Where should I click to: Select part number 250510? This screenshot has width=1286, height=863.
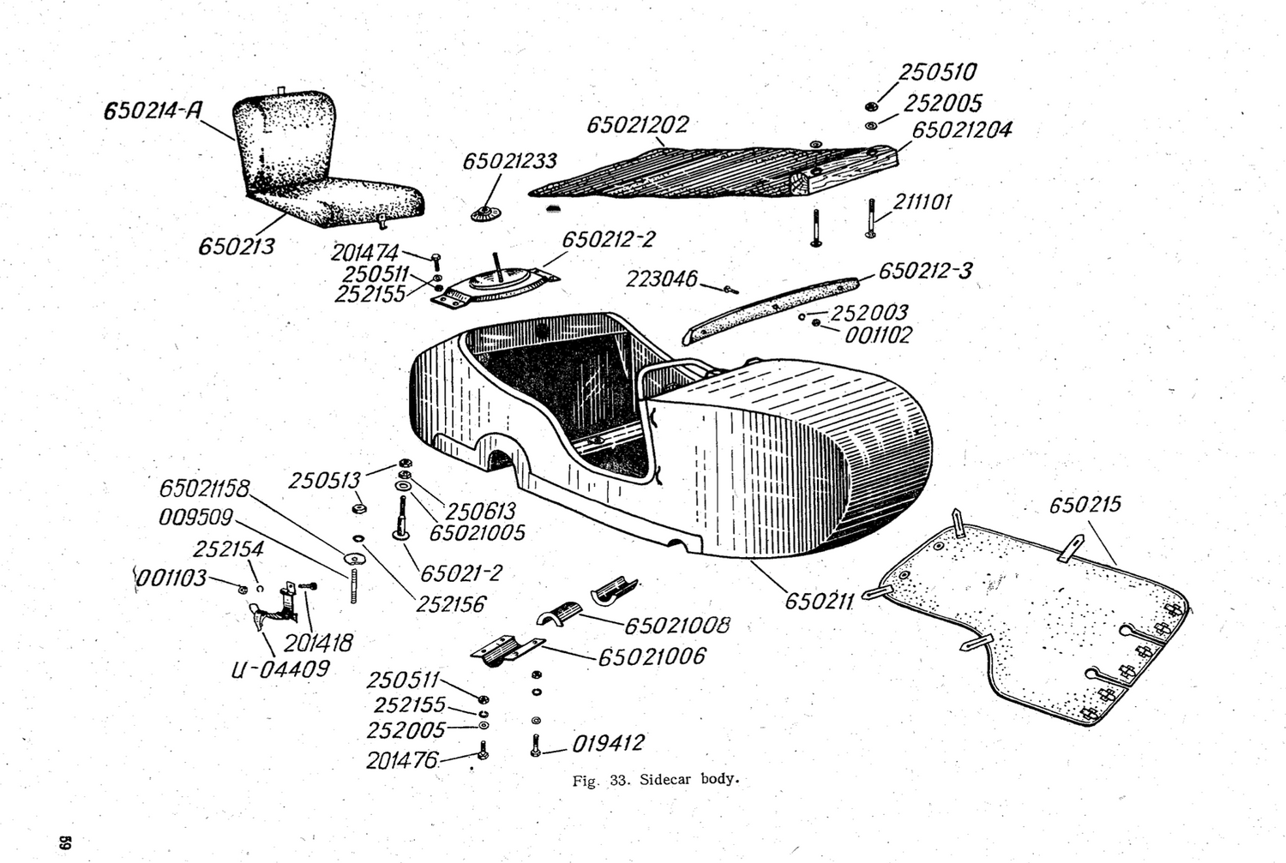[x=937, y=73]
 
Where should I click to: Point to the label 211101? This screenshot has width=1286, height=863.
[x=922, y=202]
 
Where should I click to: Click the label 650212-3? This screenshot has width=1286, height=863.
[x=925, y=272]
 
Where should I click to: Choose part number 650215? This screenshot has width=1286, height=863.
[x=1085, y=505]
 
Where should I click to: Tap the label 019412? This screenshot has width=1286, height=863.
[x=608, y=744]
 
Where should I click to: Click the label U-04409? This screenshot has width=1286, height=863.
[x=279, y=669]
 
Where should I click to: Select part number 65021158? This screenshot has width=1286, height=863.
[x=203, y=488]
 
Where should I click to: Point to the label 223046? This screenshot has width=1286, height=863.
[x=661, y=279]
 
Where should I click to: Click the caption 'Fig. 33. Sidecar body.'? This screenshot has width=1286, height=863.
[x=655, y=780]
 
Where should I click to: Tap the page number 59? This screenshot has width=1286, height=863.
[x=64, y=842]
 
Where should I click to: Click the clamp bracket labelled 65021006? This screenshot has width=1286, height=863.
[x=507, y=650]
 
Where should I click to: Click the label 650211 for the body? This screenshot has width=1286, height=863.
[x=820, y=601]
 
